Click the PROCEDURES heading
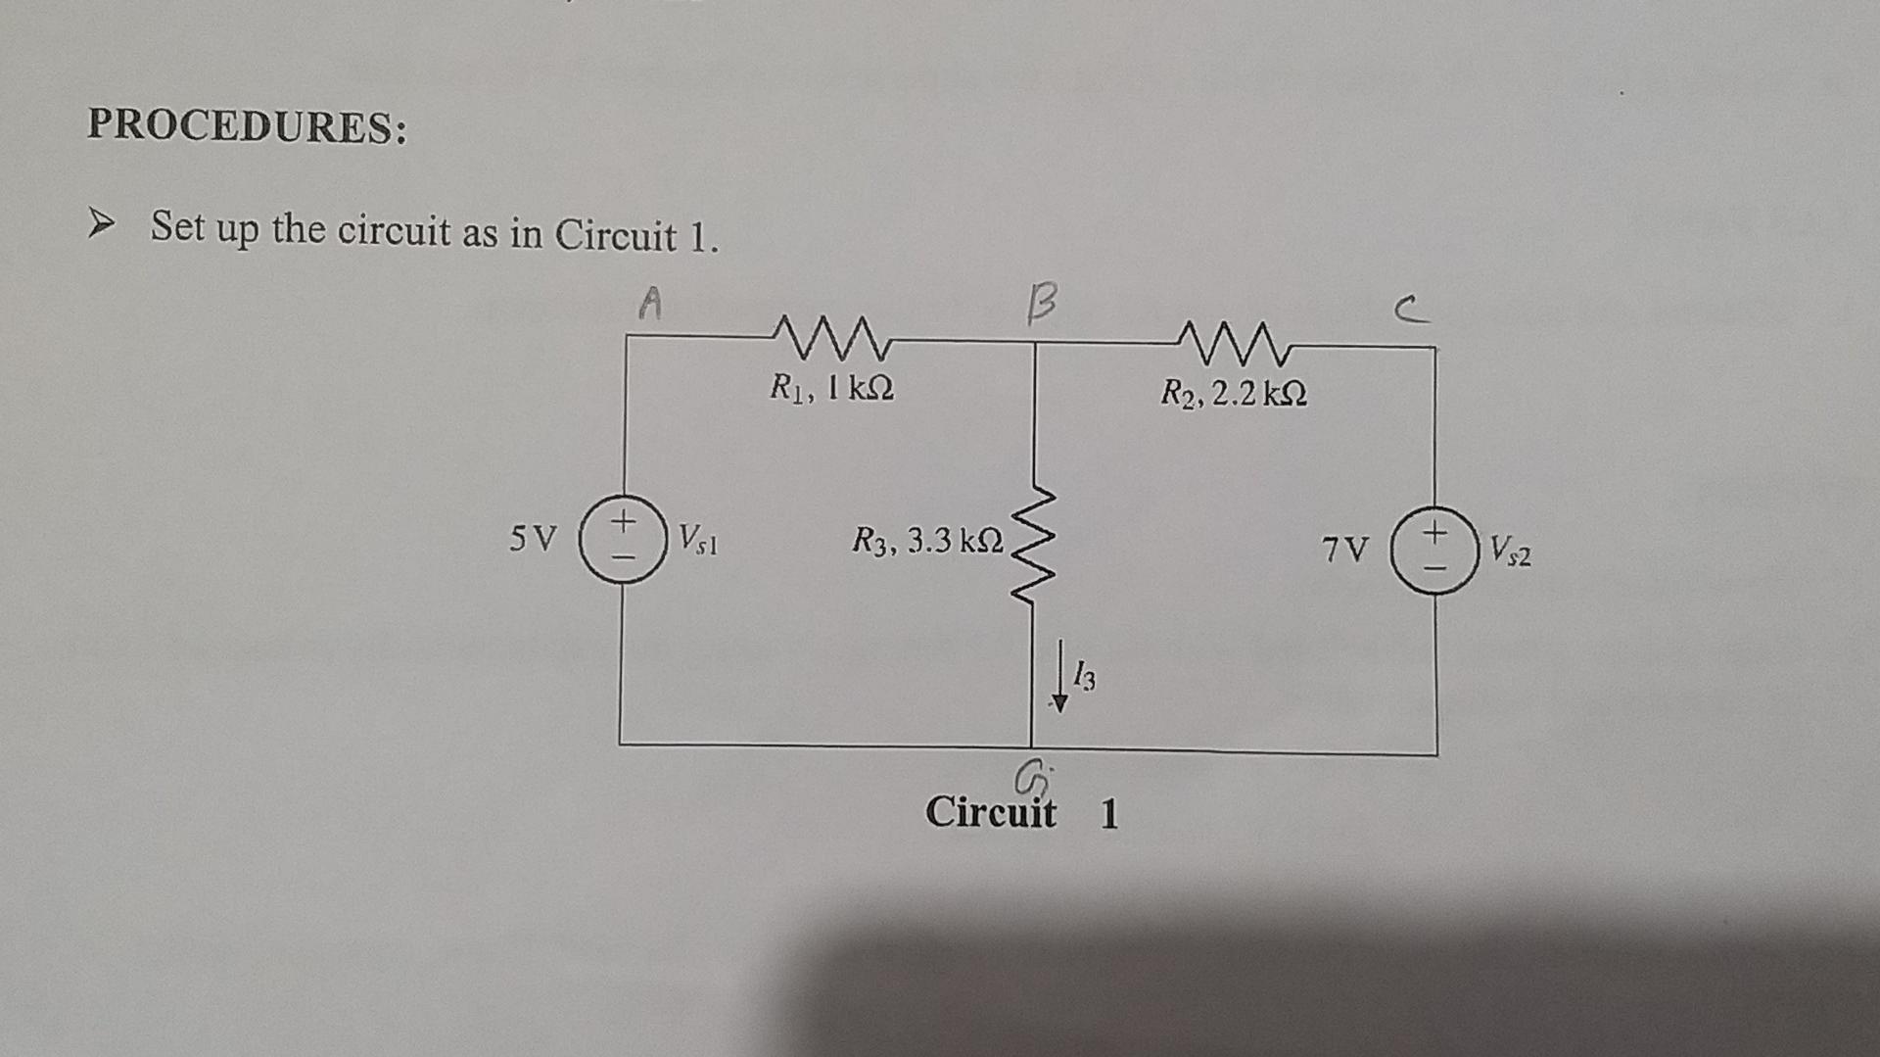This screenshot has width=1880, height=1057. (247, 126)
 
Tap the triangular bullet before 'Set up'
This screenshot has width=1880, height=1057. (100, 224)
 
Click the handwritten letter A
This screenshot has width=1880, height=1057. (650, 303)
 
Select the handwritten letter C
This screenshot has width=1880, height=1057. (1411, 312)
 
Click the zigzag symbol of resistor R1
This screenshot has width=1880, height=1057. (832, 338)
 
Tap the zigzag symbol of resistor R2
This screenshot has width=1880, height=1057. (1235, 343)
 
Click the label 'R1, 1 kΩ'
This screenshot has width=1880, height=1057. (831, 389)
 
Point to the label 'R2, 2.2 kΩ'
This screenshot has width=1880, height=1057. (1233, 394)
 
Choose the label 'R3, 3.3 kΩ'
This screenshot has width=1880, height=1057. (927, 540)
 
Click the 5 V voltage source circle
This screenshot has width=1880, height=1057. (623, 539)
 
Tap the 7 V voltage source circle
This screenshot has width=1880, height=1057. (1434, 550)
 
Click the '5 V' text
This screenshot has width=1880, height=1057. (533, 538)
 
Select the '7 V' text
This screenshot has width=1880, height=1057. (1345, 550)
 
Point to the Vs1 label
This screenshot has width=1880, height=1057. (698, 539)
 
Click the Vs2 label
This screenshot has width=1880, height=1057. (1510, 552)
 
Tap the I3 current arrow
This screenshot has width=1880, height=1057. (1058, 676)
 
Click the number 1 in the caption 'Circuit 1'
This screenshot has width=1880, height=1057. (1108, 814)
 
